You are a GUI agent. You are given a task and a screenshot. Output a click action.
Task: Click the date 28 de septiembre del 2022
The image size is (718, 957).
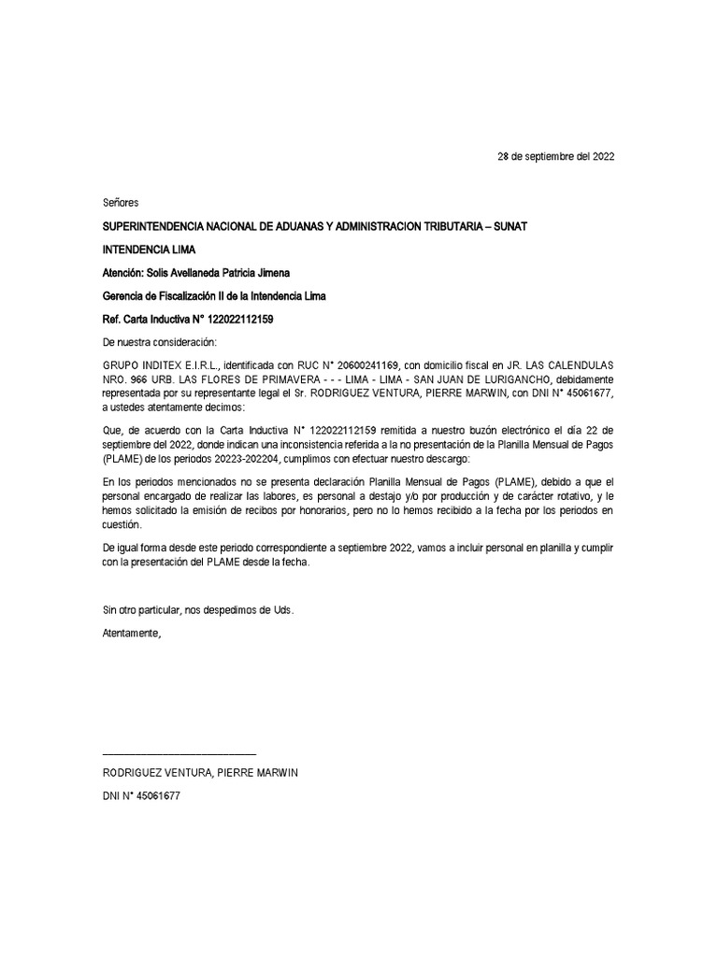pyautogui.click(x=555, y=157)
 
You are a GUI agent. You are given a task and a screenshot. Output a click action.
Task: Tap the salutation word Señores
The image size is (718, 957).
pyautogui.click(x=120, y=203)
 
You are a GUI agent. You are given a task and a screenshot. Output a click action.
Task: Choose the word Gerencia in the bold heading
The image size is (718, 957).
pyautogui.click(x=125, y=297)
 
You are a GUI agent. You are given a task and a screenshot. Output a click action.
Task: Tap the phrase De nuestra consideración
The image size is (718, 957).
pyautogui.click(x=159, y=342)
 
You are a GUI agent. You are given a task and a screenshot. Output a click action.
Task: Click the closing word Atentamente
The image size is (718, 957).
pyautogui.click(x=132, y=633)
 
